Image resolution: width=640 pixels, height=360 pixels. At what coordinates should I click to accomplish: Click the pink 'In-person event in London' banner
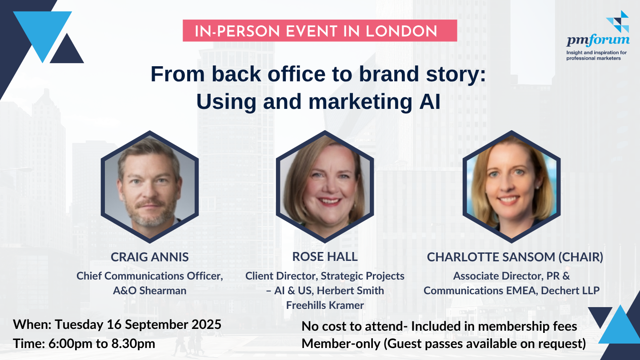pos(320,31)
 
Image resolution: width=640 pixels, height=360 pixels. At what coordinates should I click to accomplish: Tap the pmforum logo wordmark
pos(598,40)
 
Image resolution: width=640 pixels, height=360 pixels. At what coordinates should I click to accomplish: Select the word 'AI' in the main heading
pos(430,101)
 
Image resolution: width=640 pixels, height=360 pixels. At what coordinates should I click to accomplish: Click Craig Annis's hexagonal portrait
pos(150,187)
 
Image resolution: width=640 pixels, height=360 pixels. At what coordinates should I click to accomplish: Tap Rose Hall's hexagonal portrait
pos(325,187)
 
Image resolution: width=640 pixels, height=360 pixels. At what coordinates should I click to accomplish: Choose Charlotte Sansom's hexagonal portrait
pos(512,187)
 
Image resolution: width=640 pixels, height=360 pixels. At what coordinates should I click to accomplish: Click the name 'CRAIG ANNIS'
pos(150,257)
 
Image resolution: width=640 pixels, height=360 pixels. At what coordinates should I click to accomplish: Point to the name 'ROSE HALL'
pos(325,256)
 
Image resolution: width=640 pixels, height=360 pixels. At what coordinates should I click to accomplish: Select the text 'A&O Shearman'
pos(150,291)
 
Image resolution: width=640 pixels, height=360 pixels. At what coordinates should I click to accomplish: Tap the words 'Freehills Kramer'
pos(325,305)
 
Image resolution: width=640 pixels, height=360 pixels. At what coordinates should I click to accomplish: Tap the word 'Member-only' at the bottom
pos(341,344)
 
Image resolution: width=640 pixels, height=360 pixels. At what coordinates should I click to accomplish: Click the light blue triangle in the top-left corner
pos(43,32)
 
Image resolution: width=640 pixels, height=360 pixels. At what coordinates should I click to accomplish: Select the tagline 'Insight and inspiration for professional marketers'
pos(596,56)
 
